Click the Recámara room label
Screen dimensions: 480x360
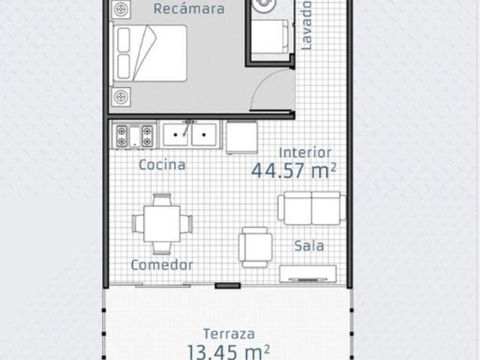[x=189, y=8]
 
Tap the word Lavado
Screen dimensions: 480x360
[x=306, y=25]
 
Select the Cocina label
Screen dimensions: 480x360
[x=162, y=165]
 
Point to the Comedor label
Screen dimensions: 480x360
[x=162, y=265]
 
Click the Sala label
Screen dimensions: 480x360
[x=309, y=246]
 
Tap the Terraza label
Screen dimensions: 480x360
[x=229, y=334]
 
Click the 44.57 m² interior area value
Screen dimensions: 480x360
[x=293, y=170]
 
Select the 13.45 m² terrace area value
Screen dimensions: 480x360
[x=228, y=352]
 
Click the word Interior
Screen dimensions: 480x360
[x=305, y=153]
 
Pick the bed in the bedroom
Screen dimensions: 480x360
[x=150, y=53]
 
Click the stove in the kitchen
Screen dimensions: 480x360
[x=135, y=136]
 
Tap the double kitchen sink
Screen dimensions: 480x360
[x=190, y=134]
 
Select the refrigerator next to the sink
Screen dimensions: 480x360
[x=241, y=137]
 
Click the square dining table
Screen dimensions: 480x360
[x=162, y=223]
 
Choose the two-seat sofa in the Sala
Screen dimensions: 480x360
[x=312, y=208]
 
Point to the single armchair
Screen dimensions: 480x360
[x=255, y=247]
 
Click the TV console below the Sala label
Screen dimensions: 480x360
[x=308, y=274]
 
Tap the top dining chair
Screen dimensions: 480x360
[x=162, y=199]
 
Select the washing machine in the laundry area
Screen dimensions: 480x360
[x=270, y=37]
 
